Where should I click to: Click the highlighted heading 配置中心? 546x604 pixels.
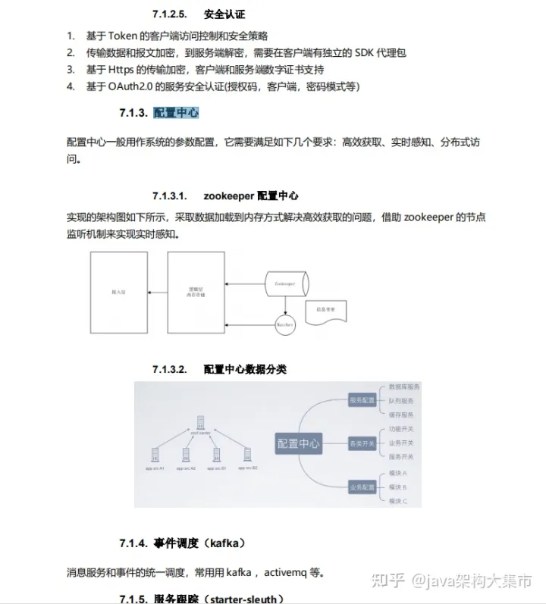point(176,113)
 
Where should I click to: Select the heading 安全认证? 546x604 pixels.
point(224,14)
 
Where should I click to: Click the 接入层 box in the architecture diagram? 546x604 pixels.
point(118,292)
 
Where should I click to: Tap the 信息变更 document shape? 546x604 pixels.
point(326,311)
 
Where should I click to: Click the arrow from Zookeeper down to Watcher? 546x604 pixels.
point(286,305)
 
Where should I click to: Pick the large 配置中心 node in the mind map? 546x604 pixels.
point(299,443)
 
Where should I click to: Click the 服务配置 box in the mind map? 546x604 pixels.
point(362,400)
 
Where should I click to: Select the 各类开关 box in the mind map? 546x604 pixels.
point(362,443)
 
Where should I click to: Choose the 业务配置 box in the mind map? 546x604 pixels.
point(362,486)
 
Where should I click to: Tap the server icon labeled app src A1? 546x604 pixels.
point(155,456)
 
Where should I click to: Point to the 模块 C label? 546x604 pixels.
point(398,501)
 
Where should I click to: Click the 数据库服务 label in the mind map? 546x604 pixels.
point(401,386)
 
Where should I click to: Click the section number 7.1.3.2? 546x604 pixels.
point(168,369)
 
